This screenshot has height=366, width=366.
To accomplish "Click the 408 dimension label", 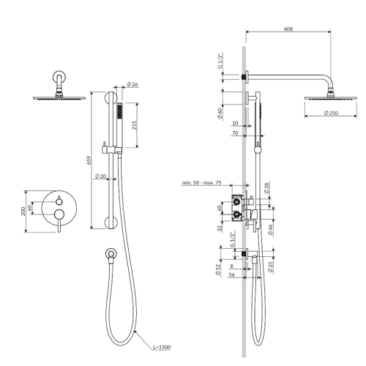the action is pos(288,29).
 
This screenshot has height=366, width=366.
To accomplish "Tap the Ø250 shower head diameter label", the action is pos(331,113).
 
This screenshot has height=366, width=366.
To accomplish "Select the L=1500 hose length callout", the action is pos(162,347).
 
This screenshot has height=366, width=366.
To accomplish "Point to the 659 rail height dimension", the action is pos(89,160).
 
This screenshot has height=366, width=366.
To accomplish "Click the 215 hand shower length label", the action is pos(135,125).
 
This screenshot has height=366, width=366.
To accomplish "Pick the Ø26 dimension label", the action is pos(132,84).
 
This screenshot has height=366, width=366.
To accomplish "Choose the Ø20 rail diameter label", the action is pos(100,176).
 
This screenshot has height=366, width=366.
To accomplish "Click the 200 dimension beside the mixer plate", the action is pos(23,211).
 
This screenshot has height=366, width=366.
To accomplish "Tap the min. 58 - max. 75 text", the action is pos(202,182).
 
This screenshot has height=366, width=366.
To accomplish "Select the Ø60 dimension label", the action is pos(220,113).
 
